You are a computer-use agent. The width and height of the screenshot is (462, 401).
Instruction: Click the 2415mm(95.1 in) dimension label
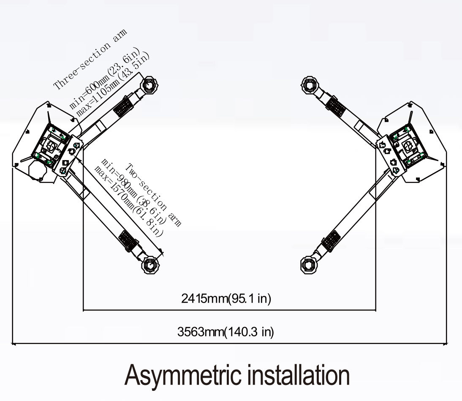[226, 299]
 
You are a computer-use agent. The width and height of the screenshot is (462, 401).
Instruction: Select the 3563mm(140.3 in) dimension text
[226, 332]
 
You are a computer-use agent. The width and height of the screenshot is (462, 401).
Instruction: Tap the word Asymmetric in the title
[182, 374]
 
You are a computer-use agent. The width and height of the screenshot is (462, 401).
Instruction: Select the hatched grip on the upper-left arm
[123, 107]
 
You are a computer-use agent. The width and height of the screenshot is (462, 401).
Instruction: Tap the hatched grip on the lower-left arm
[128, 241]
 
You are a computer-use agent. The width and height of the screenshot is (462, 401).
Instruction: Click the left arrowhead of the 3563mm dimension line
[14, 344]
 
